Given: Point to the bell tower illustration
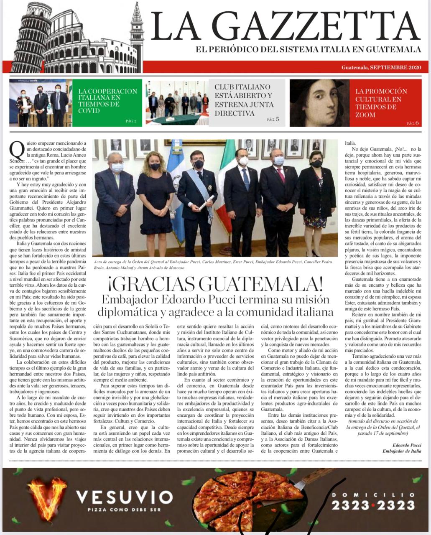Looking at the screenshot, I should coord(136,36).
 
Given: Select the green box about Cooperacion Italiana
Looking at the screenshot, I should coord(107,103).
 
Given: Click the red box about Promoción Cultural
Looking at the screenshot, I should coord(385,103).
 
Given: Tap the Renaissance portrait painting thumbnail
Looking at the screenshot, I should coord(319,103).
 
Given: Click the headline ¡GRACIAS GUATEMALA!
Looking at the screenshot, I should coord(215,284).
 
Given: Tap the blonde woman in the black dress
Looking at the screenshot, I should coord(156,192).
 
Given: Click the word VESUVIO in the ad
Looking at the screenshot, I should coord(124,497).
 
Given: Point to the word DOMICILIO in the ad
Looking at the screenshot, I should coord(373,494).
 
